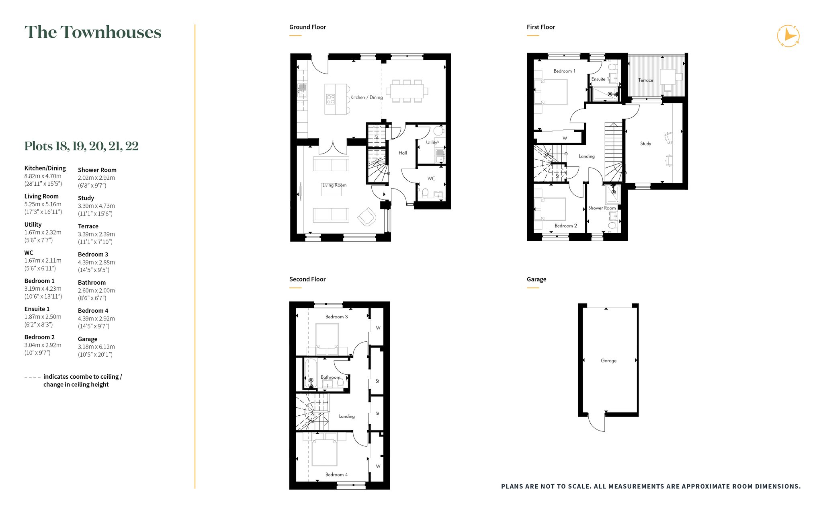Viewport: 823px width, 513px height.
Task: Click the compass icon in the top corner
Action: tap(788, 36)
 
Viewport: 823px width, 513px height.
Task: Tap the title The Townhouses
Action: tap(93, 32)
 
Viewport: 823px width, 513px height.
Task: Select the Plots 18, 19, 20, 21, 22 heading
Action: tap(82, 146)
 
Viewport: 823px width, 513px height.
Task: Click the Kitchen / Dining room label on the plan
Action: tap(366, 97)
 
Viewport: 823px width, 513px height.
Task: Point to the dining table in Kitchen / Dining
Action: tap(407, 91)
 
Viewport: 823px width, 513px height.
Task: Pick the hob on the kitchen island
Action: tap(331, 99)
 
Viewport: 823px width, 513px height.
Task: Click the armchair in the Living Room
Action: tap(366, 217)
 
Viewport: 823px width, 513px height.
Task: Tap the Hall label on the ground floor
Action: tap(403, 153)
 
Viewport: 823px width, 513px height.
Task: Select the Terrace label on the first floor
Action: tap(646, 80)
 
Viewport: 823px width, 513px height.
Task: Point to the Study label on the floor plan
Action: tap(646, 144)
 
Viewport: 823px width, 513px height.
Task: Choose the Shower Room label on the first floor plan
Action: tap(602, 208)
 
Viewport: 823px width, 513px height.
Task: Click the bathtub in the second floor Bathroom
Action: tap(311, 373)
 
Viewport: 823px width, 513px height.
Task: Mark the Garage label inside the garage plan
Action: tap(608, 361)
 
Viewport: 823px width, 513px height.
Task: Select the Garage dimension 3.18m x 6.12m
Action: tap(96, 347)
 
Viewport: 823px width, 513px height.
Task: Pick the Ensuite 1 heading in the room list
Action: tap(37, 309)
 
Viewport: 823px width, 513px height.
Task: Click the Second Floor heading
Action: tap(307, 279)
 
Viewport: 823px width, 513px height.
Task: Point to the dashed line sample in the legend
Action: tap(33, 377)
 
